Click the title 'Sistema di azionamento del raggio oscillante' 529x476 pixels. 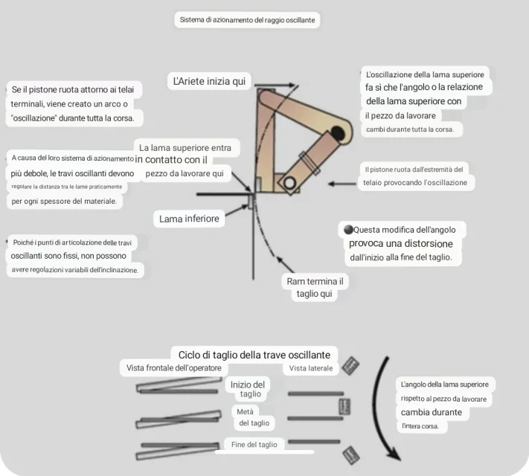247,20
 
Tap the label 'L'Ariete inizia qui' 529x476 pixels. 209,81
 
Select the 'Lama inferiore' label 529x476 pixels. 189,219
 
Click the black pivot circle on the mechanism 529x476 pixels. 338,134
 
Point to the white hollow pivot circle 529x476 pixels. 289,184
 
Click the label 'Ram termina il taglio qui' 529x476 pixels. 315,287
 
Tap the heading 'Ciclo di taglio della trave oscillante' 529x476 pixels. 254,355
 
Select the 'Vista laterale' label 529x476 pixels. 311,368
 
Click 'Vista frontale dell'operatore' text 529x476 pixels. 174,367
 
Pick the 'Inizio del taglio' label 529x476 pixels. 248,389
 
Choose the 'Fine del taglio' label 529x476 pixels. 254,445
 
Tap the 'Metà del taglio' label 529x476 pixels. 253,417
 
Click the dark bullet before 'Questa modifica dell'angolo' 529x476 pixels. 348,229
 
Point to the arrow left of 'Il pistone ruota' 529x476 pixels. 342,184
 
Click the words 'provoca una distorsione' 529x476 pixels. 401,243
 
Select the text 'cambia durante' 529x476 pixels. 432,412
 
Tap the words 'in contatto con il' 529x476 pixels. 171,160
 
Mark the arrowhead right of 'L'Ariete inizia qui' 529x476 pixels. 291,85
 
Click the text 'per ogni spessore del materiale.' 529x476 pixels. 64,202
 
